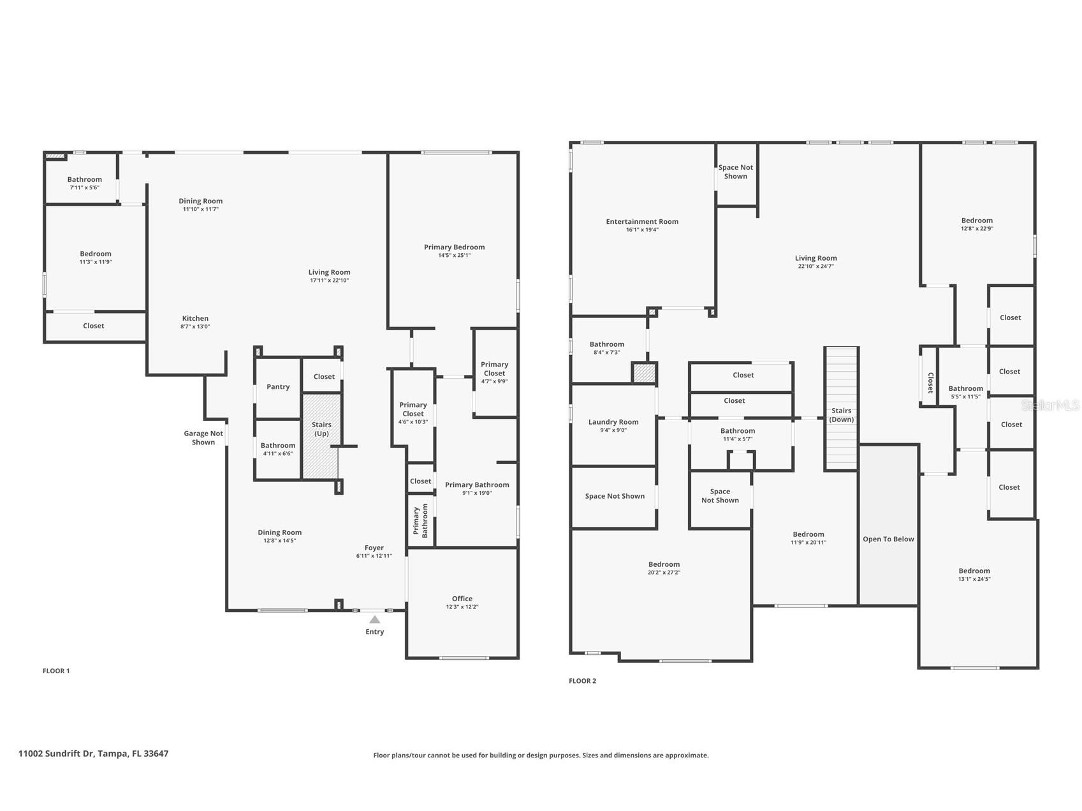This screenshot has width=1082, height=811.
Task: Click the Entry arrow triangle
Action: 375,620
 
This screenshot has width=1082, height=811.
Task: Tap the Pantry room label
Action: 278,387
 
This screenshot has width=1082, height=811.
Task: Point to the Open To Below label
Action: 888,539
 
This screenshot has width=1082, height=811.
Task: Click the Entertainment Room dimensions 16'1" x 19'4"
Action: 642,230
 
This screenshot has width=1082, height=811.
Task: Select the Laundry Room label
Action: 613,422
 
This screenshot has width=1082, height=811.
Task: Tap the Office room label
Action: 462,599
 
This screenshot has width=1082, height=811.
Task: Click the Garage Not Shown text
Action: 203,438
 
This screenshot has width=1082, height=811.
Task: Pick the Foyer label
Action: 374,548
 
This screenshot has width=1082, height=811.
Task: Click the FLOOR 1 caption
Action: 56,671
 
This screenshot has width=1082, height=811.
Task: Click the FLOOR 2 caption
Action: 582,681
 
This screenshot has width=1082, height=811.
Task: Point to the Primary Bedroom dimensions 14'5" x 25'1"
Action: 454,256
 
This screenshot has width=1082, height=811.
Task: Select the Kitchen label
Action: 195,318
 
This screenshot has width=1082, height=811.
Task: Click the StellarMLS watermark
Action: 1049,405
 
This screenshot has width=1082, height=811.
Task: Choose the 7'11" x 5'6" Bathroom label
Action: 85,180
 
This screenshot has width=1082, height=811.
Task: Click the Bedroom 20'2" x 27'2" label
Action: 664,564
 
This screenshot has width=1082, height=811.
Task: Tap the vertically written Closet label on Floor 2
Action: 930,383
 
